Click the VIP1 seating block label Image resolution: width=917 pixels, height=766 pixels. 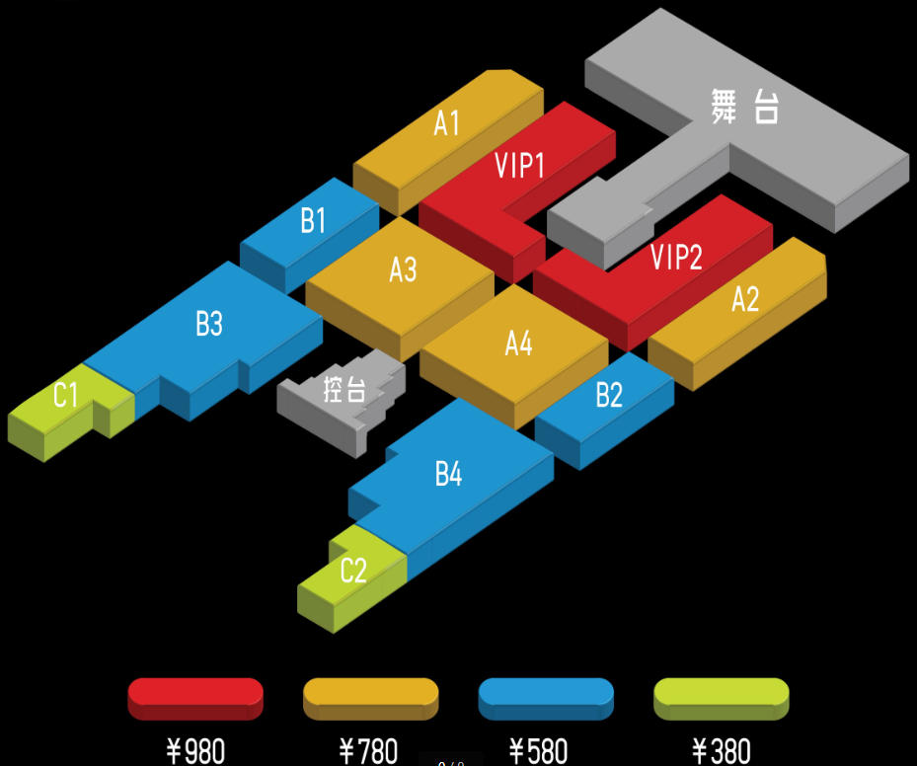[x=519, y=166]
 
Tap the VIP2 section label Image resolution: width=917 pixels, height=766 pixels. [x=676, y=258]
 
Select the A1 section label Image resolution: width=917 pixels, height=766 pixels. [x=447, y=123]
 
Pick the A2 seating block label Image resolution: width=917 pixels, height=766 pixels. [x=745, y=298]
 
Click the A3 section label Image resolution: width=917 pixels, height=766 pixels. [x=403, y=269]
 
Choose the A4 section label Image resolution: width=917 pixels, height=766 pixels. [x=518, y=344]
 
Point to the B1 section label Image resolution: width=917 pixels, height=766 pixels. [x=313, y=221]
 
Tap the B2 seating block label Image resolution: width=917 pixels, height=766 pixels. [x=609, y=396]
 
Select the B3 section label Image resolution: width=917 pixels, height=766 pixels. [x=208, y=324]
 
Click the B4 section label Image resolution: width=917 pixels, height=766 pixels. [x=448, y=475]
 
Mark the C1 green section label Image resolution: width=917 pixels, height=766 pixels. [x=65, y=397]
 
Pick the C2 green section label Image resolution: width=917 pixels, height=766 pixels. [x=352, y=571]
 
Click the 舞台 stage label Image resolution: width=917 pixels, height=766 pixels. [x=745, y=107]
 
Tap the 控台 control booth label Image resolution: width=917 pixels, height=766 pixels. [x=344, y=389]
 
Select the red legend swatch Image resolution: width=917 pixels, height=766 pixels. [x=195, y=697]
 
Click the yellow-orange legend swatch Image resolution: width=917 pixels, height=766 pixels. [x=370, y=697]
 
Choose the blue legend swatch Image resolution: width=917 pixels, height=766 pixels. [x=545, y=697]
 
